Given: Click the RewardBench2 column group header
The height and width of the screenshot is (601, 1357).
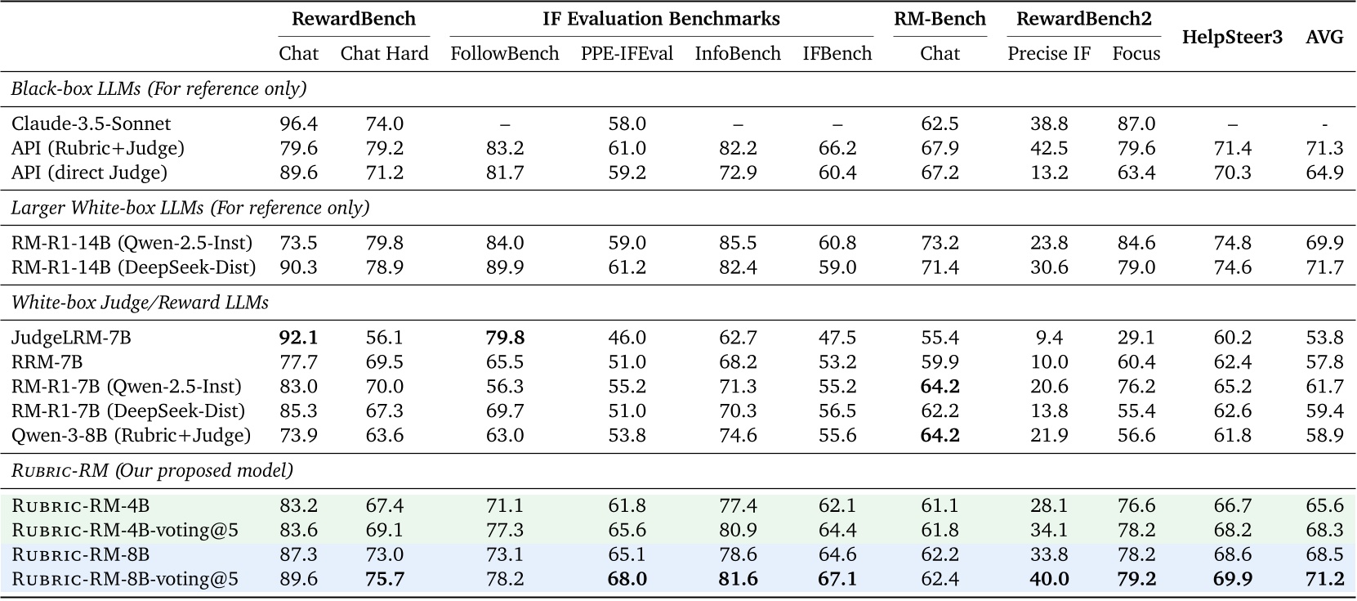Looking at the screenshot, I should (1083, 19).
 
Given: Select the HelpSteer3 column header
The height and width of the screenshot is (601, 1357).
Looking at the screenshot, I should (1232, 37).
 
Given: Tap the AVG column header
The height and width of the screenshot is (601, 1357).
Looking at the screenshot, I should (1324, 37).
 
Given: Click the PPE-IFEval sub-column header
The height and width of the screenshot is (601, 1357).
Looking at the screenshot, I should (627, 54).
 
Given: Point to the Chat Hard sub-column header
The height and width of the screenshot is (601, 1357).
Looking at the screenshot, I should (384, 54).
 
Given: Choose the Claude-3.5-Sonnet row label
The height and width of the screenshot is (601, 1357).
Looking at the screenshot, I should (92, 123).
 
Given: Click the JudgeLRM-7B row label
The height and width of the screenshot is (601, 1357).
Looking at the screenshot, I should (71, 338).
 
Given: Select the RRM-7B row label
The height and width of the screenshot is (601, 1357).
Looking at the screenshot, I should (47, 362).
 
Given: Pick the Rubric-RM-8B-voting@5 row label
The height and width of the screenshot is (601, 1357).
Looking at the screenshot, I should (125, 580).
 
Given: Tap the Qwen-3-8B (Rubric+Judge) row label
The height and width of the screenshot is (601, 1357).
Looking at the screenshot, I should (131, 436).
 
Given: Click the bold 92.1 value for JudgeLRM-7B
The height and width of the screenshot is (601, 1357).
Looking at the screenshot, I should (298, 338).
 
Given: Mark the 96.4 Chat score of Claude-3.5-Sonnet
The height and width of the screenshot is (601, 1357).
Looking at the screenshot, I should (298, 123).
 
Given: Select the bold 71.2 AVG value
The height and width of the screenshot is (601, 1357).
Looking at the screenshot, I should (1324, 580).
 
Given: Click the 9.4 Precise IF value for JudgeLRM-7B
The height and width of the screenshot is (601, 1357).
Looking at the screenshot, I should (1049, 338).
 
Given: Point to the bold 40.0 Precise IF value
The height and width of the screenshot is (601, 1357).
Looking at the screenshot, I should (1049, 580).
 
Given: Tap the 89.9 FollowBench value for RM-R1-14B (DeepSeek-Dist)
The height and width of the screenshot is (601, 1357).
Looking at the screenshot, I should (504, 267).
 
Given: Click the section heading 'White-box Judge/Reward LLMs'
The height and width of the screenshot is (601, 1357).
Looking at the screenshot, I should (140, 303).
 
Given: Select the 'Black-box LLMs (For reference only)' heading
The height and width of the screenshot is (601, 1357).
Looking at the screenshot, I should (158, 88).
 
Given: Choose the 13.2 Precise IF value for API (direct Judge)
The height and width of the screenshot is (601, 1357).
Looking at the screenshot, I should (1049, 173).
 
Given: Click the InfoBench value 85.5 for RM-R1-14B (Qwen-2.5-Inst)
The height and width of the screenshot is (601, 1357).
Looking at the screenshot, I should (737, 243).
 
